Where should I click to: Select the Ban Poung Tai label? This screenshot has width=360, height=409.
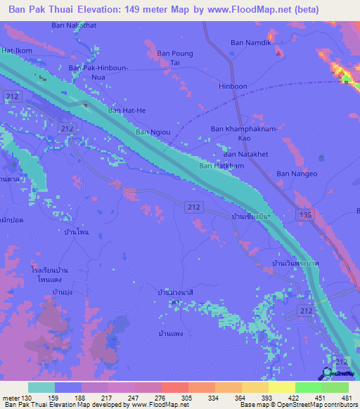(x=174, y=58)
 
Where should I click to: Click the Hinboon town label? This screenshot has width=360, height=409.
(x=233, y=87)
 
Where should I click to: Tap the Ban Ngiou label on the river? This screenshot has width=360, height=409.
(x=152, y=131)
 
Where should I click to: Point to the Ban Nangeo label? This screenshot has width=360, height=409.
(x=296, y=174)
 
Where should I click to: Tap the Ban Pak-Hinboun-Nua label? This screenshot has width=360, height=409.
(x=98, y=72)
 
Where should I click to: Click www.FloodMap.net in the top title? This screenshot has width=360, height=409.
(x=227, y=10)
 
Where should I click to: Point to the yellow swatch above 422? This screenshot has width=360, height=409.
(x=281, y=387)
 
